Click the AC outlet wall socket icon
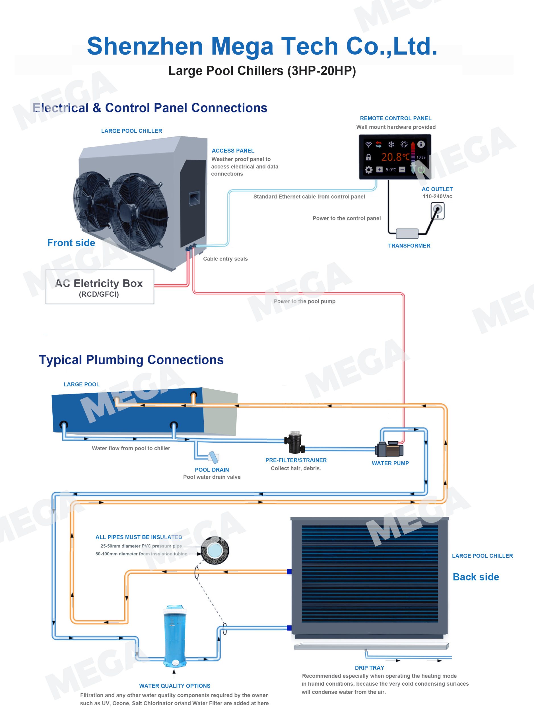tap(438, 211)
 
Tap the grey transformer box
tap(407, 233)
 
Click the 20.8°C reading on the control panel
tap(395, 157)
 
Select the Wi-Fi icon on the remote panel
tap(368, 144)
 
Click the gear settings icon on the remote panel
tap(368, 170)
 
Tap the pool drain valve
tap(213, 457)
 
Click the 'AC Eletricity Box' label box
tap(100, 287)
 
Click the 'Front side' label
tap(71, 243)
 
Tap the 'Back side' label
tap(476, 577)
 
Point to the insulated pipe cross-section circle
tap(215, 550)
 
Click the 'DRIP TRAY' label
tap(370, 668)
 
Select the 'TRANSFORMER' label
tap(409, 246)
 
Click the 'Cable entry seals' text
tap(225, 259)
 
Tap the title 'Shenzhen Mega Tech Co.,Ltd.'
tap(262, 46)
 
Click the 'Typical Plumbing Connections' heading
tap(131, 360)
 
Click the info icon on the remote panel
tap(420, 144)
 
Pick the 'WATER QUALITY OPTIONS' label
tap(175, 686)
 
